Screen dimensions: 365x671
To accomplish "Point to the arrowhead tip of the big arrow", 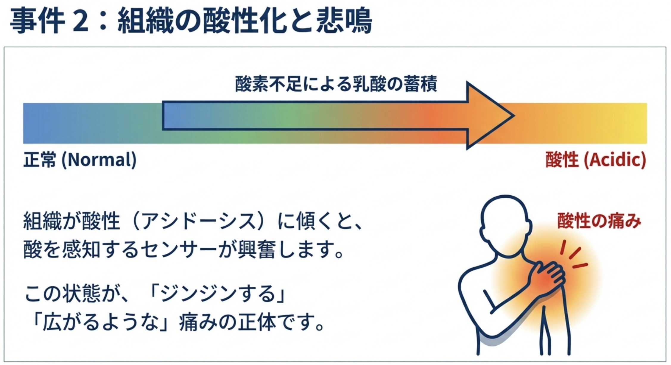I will tap(513, 116).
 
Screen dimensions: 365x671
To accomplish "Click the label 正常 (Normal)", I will tap(80, 160).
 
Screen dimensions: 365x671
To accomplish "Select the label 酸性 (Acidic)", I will tap(596, 160).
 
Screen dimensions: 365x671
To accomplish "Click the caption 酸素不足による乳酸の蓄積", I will tap(336, 84).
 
